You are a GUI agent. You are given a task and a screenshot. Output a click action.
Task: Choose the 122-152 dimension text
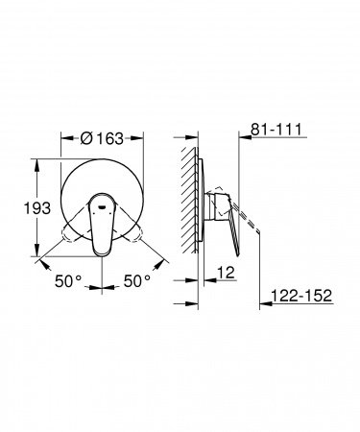[300, 299]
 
